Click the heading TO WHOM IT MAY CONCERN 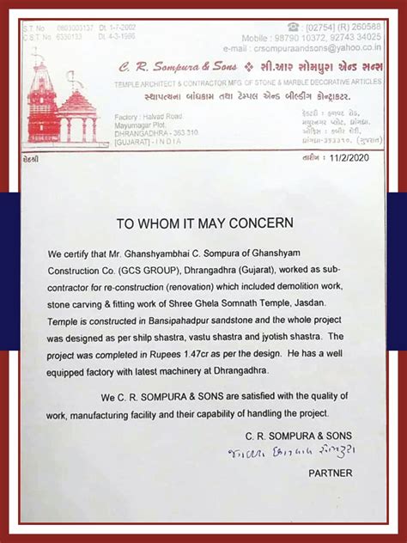(x=203, y=223)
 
